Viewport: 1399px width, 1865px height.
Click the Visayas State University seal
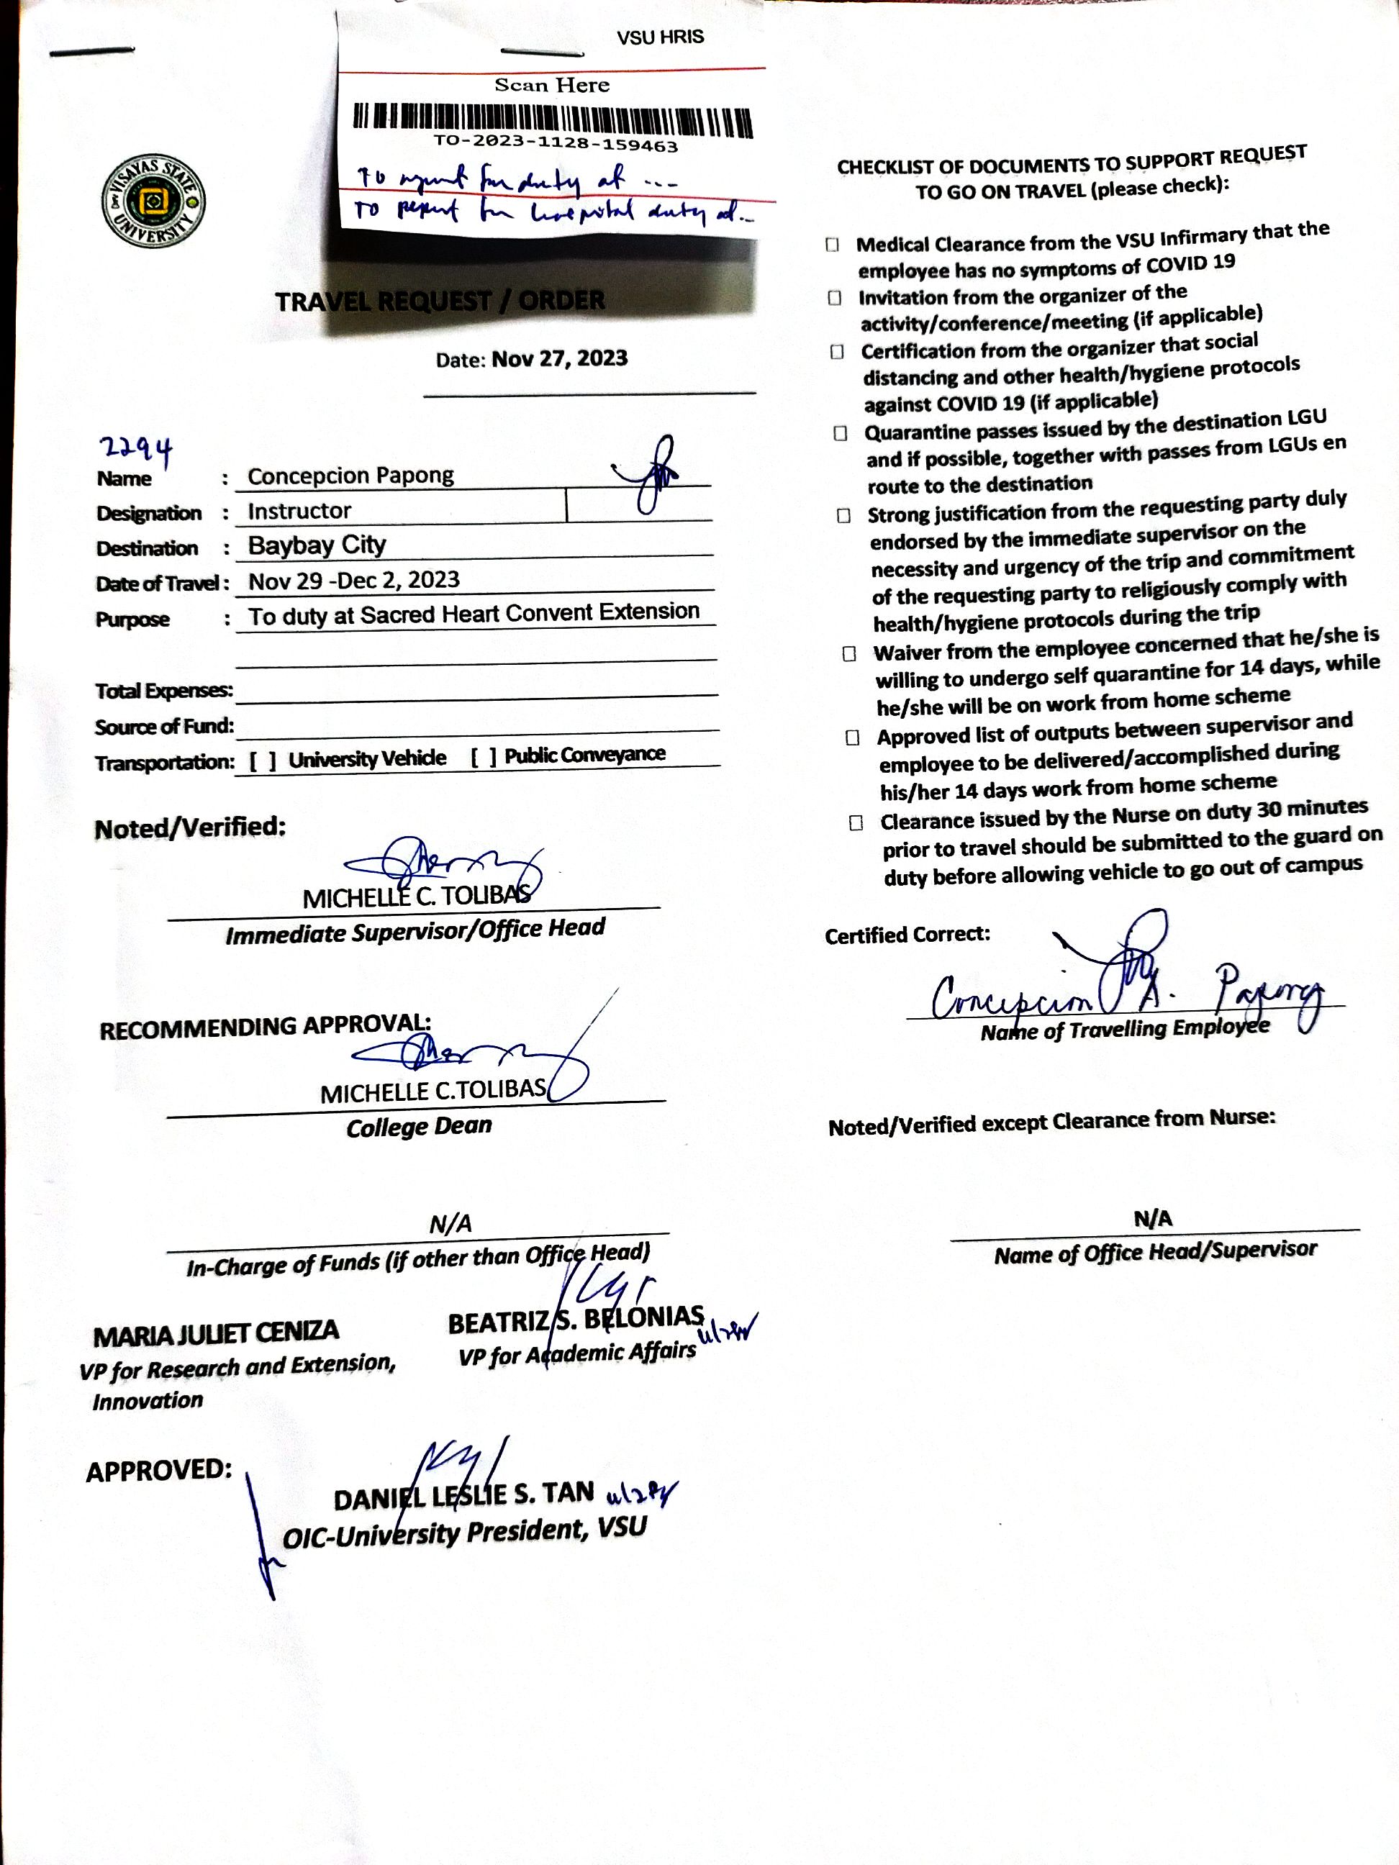(153, 201)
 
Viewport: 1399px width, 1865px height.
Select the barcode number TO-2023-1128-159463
(556, 144)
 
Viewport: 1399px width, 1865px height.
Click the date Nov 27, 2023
(559, 358)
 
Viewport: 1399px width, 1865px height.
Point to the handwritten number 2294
(137, 448)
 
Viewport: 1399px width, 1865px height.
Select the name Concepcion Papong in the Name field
(350, 476)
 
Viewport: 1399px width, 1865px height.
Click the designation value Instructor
(299, 511)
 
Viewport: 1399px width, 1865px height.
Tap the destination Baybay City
(317, 545)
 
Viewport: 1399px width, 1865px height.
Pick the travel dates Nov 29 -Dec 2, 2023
(354, 580)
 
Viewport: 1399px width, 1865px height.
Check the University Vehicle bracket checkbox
(262, 761)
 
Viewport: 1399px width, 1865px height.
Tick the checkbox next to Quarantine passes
(840, 433)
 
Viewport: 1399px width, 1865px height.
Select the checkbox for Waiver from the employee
(849, 653)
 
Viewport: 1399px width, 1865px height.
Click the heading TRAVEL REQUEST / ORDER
(440, 301)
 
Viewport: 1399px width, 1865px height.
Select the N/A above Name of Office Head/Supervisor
(1153, 1218)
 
